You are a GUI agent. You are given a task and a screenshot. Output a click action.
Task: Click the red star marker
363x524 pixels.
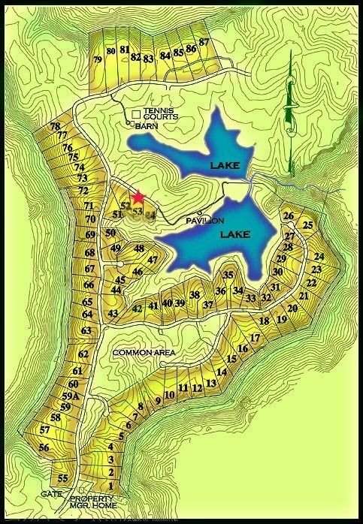click(x=138, y=197)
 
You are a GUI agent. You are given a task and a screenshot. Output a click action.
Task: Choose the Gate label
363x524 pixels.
click(x=52, y=494)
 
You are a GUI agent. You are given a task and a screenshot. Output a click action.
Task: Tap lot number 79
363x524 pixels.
click(x=97, y=59)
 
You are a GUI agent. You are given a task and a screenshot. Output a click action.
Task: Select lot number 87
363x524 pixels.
click(x=204, y=43)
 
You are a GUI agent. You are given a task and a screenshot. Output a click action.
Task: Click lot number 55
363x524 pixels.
click(x=63, y=478)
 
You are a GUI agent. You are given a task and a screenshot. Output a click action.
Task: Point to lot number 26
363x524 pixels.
click(x=288, y=216)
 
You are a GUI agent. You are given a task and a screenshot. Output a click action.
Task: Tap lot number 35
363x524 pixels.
click(x=228, y=276)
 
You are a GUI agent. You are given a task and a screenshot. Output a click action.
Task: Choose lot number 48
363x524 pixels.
click(x=139, y=248)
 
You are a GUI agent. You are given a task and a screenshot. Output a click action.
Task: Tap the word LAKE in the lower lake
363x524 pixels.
click(x=235, y=235)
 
